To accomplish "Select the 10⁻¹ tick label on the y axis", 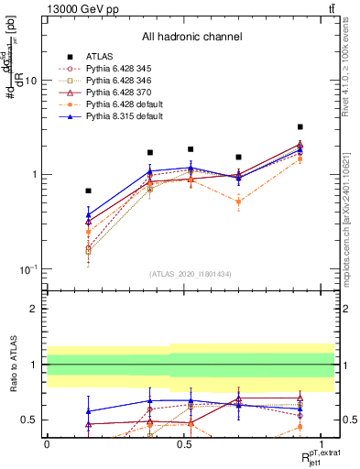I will tap(27, 268).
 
